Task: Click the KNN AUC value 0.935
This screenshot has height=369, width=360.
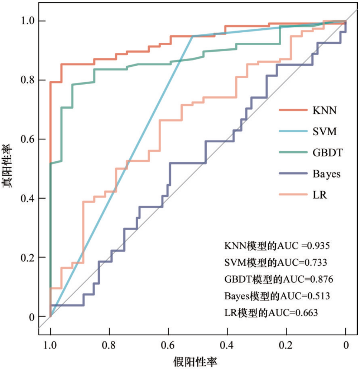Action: tap(317, 246)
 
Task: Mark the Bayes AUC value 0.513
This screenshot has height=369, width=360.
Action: tap(317, 296)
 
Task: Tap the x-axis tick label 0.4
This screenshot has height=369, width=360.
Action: tap(227, 346)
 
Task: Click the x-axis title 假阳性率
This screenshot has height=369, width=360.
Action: tap(196, 361)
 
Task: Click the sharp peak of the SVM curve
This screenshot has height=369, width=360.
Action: tap(192, 36)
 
